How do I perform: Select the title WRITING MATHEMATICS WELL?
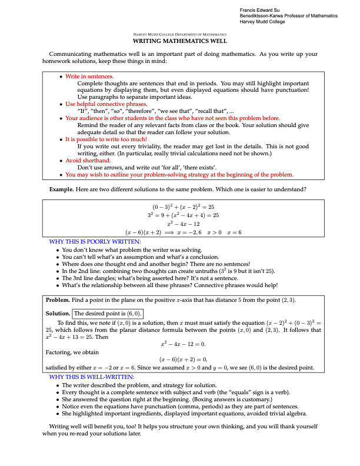click(x=180, y=42)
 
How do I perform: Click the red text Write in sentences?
click(x=89, y=76)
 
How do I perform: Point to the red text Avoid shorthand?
click(x=88, y=161)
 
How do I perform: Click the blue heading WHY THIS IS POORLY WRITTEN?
click(x=95, y=242)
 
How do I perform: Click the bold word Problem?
click(x=59, y=300)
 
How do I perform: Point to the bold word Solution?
click(x=58, y=314)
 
